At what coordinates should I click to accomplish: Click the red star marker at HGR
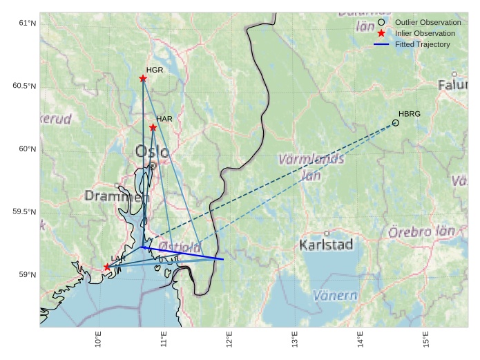(x=143, y=79)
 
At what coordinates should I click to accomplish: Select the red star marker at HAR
(x=153, y=127)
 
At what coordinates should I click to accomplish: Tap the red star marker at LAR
(x=107, y=267)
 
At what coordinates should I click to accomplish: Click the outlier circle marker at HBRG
(x=396, y=122)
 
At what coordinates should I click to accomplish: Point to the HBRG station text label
(x=410, y=113)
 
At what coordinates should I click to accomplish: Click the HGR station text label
(x=155, y=70)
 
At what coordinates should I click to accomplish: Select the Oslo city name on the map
(x=152, y=151)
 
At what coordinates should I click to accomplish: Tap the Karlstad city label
(x=327, y=245)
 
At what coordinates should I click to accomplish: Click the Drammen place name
(x=116, y=196)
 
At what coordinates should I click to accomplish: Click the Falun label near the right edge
(x=452, y=85)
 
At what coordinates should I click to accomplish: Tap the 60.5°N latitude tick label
(x=24, y=86)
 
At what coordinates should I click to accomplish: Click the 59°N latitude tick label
(x=27, y=275)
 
